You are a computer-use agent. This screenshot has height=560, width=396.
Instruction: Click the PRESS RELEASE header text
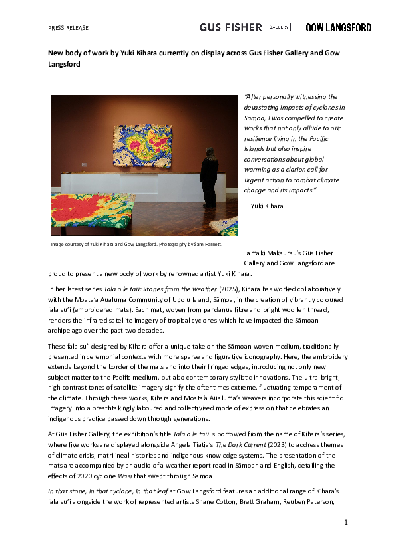coord(68,28)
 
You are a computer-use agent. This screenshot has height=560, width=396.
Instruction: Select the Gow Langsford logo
coord(338,27)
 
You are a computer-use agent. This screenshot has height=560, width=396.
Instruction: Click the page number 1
coord(346,523)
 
